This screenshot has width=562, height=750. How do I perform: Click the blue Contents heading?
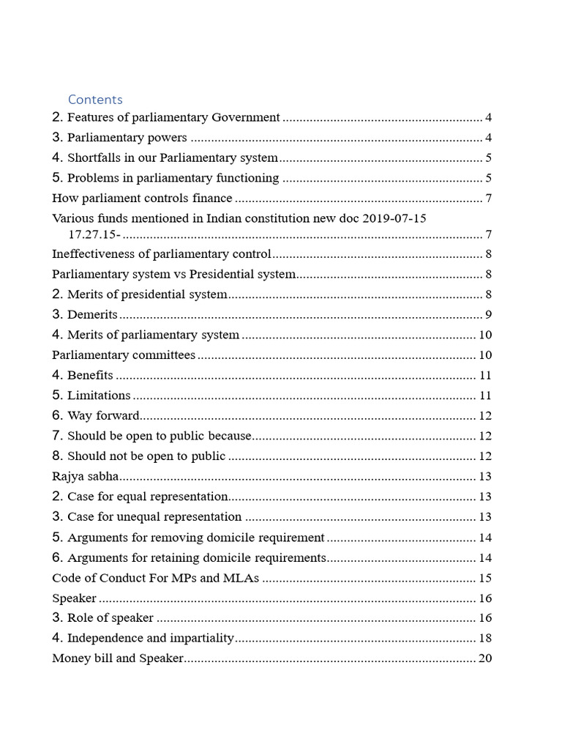tap(95, 100)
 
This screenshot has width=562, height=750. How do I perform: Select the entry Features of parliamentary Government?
tap(173, 118)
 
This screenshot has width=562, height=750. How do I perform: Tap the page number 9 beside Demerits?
tap(487, 316)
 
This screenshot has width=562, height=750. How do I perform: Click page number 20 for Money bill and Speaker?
tap(484, 658)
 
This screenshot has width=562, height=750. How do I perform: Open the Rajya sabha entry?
tap(86, 477)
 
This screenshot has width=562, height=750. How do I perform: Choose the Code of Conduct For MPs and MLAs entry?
tap(156, 579)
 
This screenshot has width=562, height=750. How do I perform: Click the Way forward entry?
tap(103, 416)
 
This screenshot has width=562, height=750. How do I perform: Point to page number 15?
tap(484, 579)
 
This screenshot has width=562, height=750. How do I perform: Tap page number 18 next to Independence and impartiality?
tap(484, 639)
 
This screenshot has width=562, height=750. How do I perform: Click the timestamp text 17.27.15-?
tap(94, 234)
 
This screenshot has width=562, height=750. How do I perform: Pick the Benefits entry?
tap(90, 376)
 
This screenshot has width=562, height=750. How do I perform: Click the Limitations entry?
tap(99, 396)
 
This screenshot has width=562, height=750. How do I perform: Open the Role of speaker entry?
tap(110, 619)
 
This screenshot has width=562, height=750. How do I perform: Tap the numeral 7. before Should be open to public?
tap(59, 436)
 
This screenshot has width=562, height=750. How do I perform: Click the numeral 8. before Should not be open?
tap(59, 456)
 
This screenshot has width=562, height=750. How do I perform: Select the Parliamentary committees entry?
tap(124, 356)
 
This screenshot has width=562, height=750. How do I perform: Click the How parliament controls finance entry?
tap(142, 198)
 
